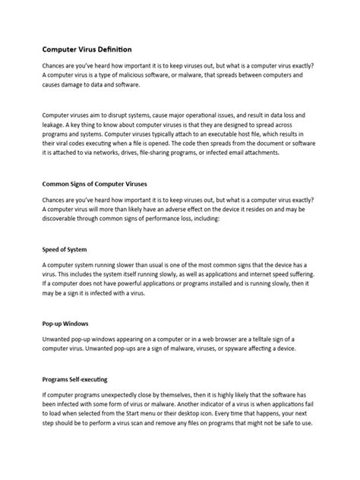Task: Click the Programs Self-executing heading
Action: pyautogui.click(x=78, y=377)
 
